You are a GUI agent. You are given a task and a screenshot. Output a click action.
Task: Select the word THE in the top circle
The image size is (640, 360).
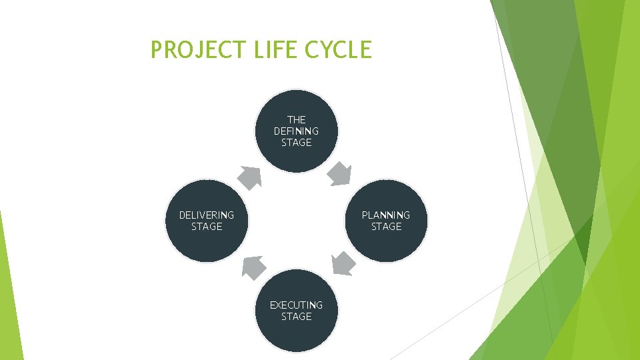(x=297, y=120)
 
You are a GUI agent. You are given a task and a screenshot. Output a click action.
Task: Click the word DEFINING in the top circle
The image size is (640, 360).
(x=297, y=131)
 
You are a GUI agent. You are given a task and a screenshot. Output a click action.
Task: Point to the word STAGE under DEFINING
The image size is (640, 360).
(x=297, y=143)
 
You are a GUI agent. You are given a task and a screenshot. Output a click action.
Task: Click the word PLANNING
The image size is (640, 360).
(x=386, y=215)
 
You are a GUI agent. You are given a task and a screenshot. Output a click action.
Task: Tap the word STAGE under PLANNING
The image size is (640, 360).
(x=386, y=227)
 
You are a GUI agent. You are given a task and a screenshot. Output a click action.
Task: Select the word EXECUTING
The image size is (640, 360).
(x=297, y=305)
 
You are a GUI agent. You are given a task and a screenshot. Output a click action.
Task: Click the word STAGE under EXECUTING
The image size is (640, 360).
(x=297, y=317)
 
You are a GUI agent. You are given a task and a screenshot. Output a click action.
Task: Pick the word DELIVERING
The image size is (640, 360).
(x=207, y=215)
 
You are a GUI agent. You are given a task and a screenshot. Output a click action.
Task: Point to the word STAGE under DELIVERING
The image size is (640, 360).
(x=207, y=227)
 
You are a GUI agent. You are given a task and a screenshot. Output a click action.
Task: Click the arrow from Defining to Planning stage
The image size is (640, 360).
(x=341, y=174)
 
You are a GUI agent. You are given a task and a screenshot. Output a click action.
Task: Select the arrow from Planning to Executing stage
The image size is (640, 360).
(x=343, y=263)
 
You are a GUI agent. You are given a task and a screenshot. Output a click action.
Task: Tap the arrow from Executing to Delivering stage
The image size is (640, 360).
(x=252, y=267)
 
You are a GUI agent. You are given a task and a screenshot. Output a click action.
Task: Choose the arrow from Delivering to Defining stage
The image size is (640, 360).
(x=251, y=177)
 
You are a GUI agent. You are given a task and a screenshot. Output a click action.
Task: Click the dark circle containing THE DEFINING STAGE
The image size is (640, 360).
(x=297, y=157)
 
